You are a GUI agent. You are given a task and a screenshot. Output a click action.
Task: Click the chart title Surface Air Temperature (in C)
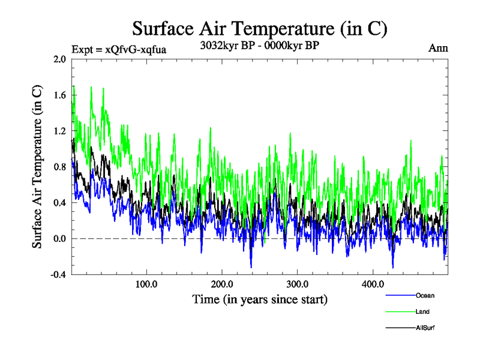click(260, 28)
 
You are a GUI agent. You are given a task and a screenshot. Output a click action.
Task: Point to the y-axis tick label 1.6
click(59, 95)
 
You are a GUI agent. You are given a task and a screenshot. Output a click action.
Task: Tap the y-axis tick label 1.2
click(59, 131)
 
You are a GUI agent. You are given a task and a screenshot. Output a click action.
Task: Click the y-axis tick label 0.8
click(59, 167)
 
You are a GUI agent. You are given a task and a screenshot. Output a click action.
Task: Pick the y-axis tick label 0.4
click(59, 203)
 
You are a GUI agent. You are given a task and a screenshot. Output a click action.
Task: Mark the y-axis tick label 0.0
click(59, 239)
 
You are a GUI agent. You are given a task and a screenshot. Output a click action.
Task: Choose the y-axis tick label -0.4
click(58, 275)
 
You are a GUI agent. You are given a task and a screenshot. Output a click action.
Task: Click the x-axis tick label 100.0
click(146, 284)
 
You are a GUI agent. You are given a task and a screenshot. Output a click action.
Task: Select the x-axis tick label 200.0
click(222, 284)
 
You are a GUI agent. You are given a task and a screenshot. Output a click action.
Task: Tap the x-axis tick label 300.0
click(298, 284)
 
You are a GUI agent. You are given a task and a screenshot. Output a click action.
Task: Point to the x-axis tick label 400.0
click(373, 284)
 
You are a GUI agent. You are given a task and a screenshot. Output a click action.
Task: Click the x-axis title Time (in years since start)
click(260, 298)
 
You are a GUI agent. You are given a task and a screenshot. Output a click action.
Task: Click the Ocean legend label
click(424, 295)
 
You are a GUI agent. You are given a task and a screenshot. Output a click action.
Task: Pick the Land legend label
click(422, 311)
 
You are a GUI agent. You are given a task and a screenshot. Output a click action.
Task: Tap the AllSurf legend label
click(424, 328)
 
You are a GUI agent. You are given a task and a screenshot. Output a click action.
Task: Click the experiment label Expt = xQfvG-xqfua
click(118, 49)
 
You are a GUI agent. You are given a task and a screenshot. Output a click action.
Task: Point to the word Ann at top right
click(437, 49)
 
